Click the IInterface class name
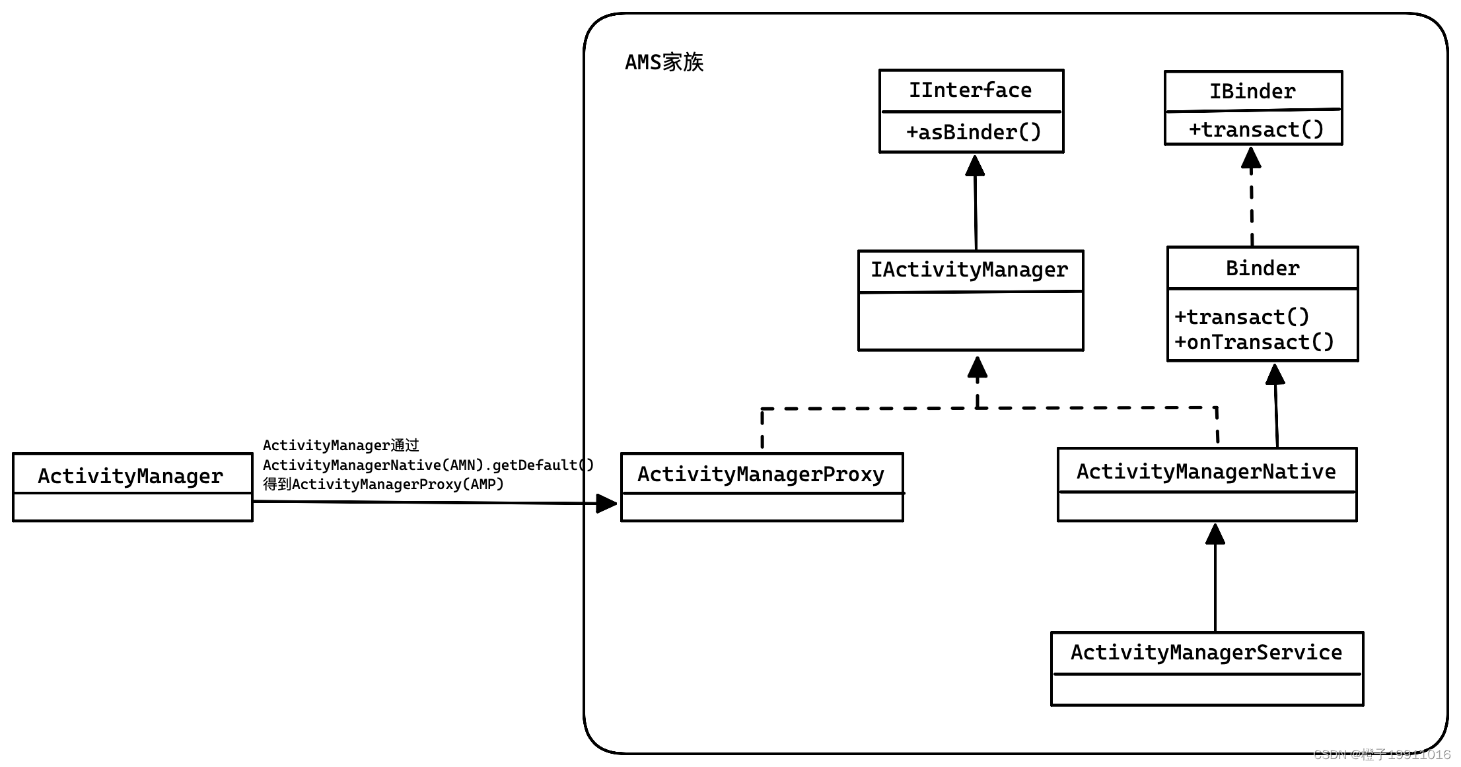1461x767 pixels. (970, 90)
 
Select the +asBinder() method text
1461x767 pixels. (974, 132)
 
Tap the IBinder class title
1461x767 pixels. (1252, 91)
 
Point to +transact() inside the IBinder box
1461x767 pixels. (1256, 129)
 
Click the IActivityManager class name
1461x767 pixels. (969, 269)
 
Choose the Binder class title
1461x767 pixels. (1262, 268)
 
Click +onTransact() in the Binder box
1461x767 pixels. (1254, 342)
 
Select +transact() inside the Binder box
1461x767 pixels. (1242, 317)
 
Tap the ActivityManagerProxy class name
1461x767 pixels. (761, 474)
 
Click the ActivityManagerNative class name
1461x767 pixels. (1206, 471)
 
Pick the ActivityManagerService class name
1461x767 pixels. (1206, 652)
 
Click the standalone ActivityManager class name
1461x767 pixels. (130, 476)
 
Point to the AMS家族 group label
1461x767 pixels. (664, 62)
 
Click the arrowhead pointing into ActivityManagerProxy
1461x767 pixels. (606, 504)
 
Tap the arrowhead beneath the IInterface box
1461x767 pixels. (975, 165)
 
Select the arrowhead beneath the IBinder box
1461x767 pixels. (1251, 157)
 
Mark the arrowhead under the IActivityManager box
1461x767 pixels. (978, 367)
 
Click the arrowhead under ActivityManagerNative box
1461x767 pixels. (1215, 534)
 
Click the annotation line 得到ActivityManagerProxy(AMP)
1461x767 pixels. (383, 484)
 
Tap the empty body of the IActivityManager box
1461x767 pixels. (970, 321)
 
